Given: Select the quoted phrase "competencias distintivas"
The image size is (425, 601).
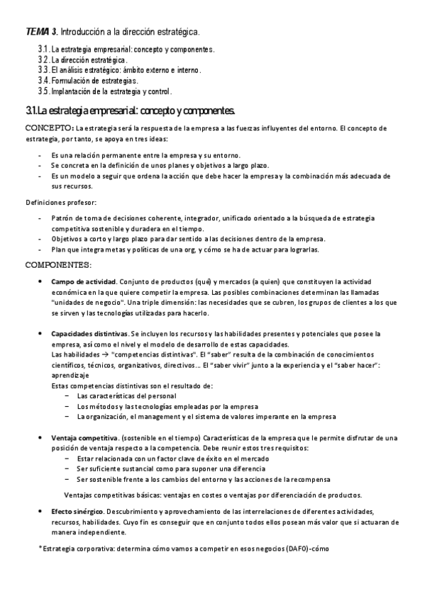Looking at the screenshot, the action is click(152, 354).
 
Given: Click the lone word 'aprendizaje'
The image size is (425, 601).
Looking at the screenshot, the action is click(72, 375).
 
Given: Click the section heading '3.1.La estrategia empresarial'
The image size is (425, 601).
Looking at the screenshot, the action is click(130, 111).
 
